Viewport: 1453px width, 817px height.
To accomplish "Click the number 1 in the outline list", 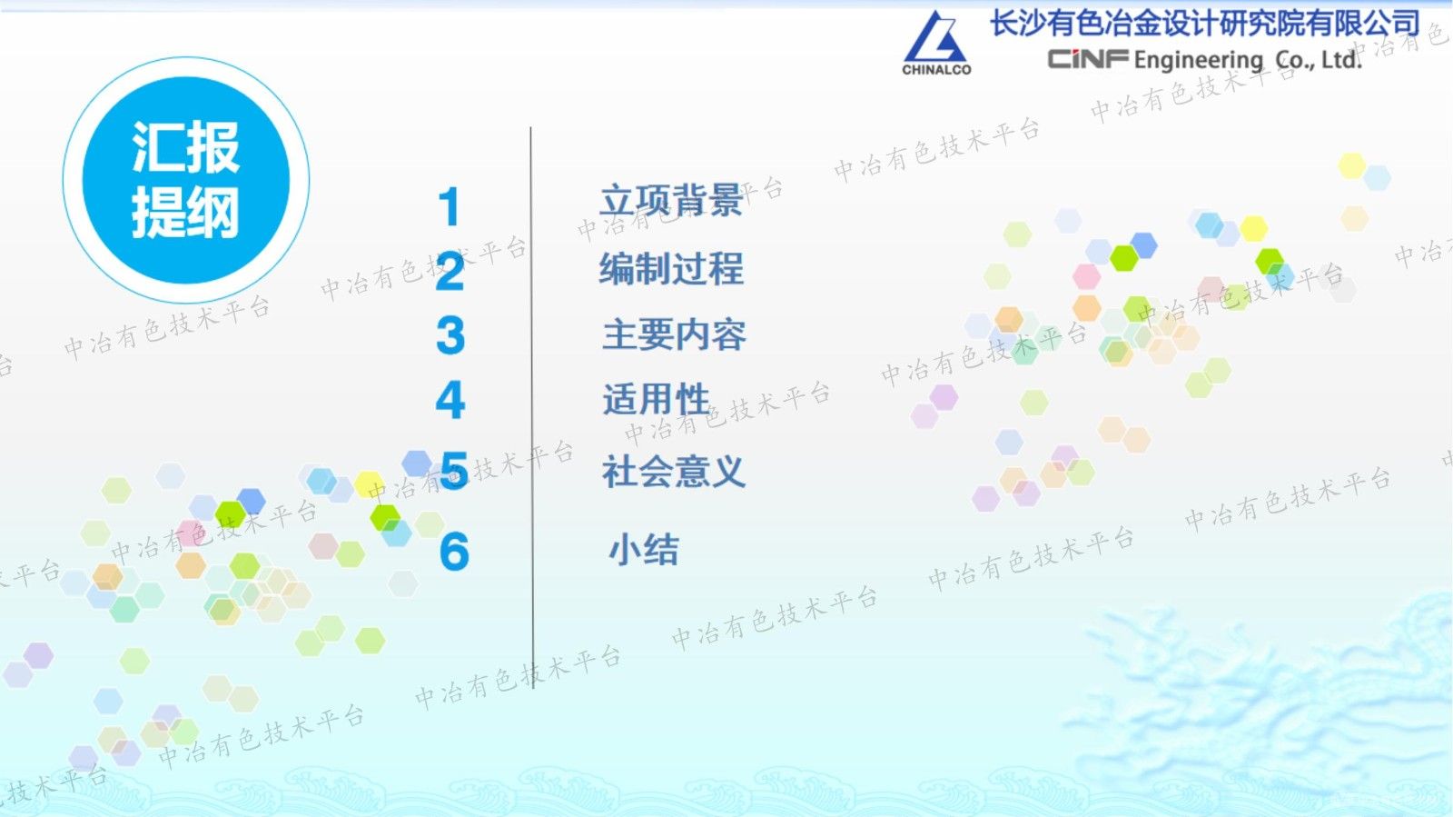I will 449,207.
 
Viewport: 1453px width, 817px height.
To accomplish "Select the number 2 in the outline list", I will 450,272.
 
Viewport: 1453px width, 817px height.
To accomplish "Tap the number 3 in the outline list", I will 450,335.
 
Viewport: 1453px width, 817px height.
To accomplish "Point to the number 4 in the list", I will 450,401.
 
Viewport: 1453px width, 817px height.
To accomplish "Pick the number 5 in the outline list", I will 454,472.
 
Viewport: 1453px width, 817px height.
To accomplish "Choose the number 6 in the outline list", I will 454,552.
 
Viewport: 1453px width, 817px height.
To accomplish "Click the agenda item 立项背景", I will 671,201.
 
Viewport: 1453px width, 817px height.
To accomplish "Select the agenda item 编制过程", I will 671,269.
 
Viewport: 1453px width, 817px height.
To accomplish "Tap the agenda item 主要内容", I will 674,335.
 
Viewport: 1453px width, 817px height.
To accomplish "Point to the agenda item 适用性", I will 656,400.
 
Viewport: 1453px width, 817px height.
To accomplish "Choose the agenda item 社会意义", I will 673,472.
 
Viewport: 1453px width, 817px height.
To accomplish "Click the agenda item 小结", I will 643,550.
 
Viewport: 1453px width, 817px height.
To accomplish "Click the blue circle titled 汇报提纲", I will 186,180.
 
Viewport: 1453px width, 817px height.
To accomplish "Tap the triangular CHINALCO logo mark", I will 935,37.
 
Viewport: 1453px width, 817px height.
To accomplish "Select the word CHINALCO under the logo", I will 936,69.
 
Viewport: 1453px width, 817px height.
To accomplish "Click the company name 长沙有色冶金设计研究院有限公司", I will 1204,23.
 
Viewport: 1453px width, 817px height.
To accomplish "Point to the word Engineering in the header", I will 1198,61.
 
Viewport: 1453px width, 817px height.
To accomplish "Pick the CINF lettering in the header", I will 1088,59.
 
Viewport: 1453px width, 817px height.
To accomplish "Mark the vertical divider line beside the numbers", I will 531,409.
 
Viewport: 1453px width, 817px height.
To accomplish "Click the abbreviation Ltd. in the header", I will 1341,60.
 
